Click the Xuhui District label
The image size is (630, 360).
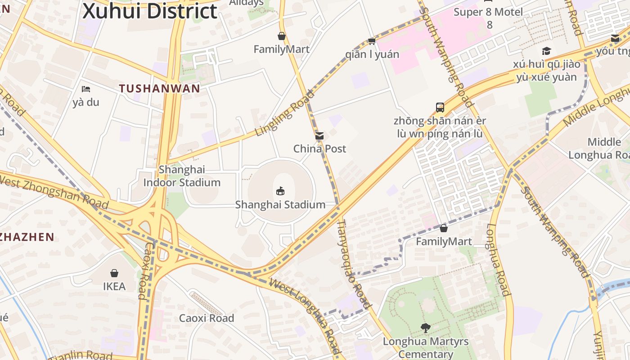pyautogui.click(x=150, y=11)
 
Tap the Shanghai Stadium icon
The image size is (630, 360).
pyautogui.click(x=280, y=191)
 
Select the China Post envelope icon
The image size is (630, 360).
pyautogui.click(x=319, y=135)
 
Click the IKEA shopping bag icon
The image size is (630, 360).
pyautogui.click(x=114, y=273)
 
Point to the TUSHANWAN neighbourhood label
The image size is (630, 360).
pyautogui.click(x=159, y=89)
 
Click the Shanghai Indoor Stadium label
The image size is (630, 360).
pyautogui.click(x=182, y=176)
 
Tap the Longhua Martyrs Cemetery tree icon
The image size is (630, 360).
pyautogui.click(x=425, y=328)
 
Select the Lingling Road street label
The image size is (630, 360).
pyautogui.click(x=284, y=113)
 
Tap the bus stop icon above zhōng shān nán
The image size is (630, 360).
pyautogui.click(x=440, y=108)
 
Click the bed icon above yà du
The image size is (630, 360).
pyautogui.click(x=86, y=89)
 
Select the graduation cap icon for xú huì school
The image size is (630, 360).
pyautogui.click(x=546, y=51)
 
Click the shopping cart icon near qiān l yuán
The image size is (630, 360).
pyautogui.click(x=372, y=41)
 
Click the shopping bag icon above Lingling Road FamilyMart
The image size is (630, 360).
pyautogui.click(x=282, y=36)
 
